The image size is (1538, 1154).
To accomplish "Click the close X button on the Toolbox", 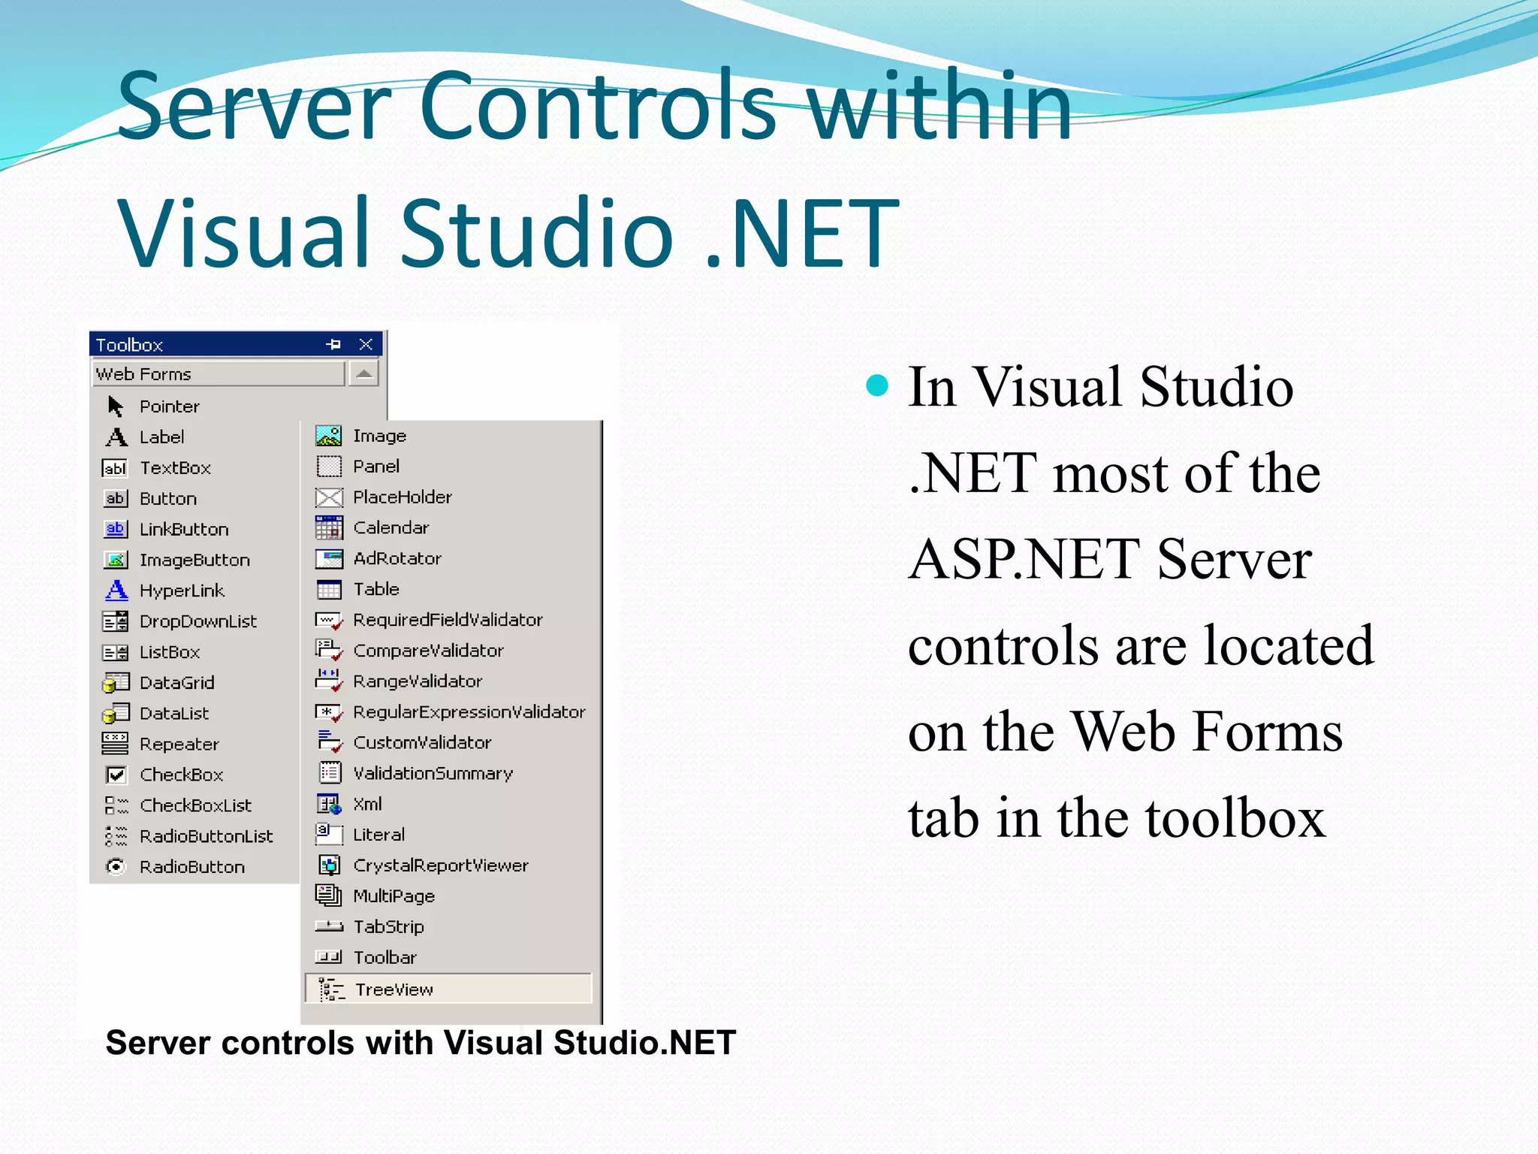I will coord(366,344).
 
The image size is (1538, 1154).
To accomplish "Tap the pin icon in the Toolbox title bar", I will coord(333,344).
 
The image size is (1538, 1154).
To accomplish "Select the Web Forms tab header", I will coord(218,373).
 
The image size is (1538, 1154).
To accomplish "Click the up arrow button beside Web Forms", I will coord(364,373).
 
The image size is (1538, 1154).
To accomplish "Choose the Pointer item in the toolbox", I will coord(169,406).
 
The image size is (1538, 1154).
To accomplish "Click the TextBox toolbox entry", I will coord(174,468).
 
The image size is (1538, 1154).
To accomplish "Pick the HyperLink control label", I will coord(182,591).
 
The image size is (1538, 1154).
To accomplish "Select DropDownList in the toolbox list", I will coord(198,621).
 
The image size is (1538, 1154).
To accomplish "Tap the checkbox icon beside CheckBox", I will coord(116,775).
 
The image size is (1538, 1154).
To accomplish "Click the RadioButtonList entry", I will coord(206,836).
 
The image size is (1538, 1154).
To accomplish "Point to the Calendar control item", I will coord(391,527).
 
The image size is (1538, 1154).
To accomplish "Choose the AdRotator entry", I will coord(397,558).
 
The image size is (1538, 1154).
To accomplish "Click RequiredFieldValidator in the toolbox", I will coord(448,620).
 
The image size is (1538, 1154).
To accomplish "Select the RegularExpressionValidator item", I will coord(469,711).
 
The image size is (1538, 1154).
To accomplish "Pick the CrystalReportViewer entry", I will coord(440,865).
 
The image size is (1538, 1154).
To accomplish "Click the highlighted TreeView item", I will coord(394,989).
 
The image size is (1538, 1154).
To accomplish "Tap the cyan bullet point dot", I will coord(877,387).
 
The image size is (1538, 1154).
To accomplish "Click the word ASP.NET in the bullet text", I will coord(1023,560).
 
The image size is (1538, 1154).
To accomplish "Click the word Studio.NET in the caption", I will coord(644,1043).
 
